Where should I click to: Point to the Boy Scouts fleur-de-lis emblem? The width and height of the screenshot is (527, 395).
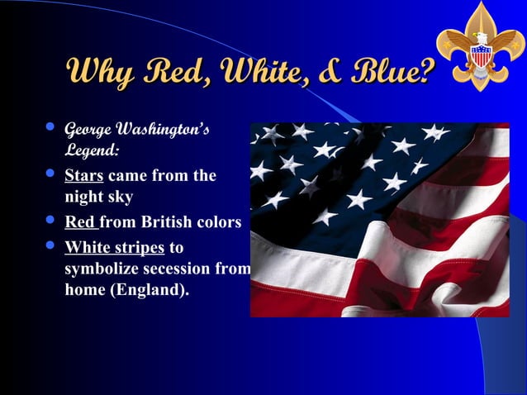coord(480,46)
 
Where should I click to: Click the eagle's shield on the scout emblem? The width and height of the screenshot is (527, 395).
coord(480,56)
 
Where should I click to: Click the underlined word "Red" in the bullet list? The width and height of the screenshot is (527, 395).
coord(79,222)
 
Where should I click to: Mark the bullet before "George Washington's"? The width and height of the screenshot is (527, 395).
coord(50,128)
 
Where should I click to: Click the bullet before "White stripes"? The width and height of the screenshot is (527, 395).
coord(50,245)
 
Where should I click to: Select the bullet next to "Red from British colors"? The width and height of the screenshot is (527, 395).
coord(50,221)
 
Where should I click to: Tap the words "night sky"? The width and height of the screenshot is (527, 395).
coord(98,197)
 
